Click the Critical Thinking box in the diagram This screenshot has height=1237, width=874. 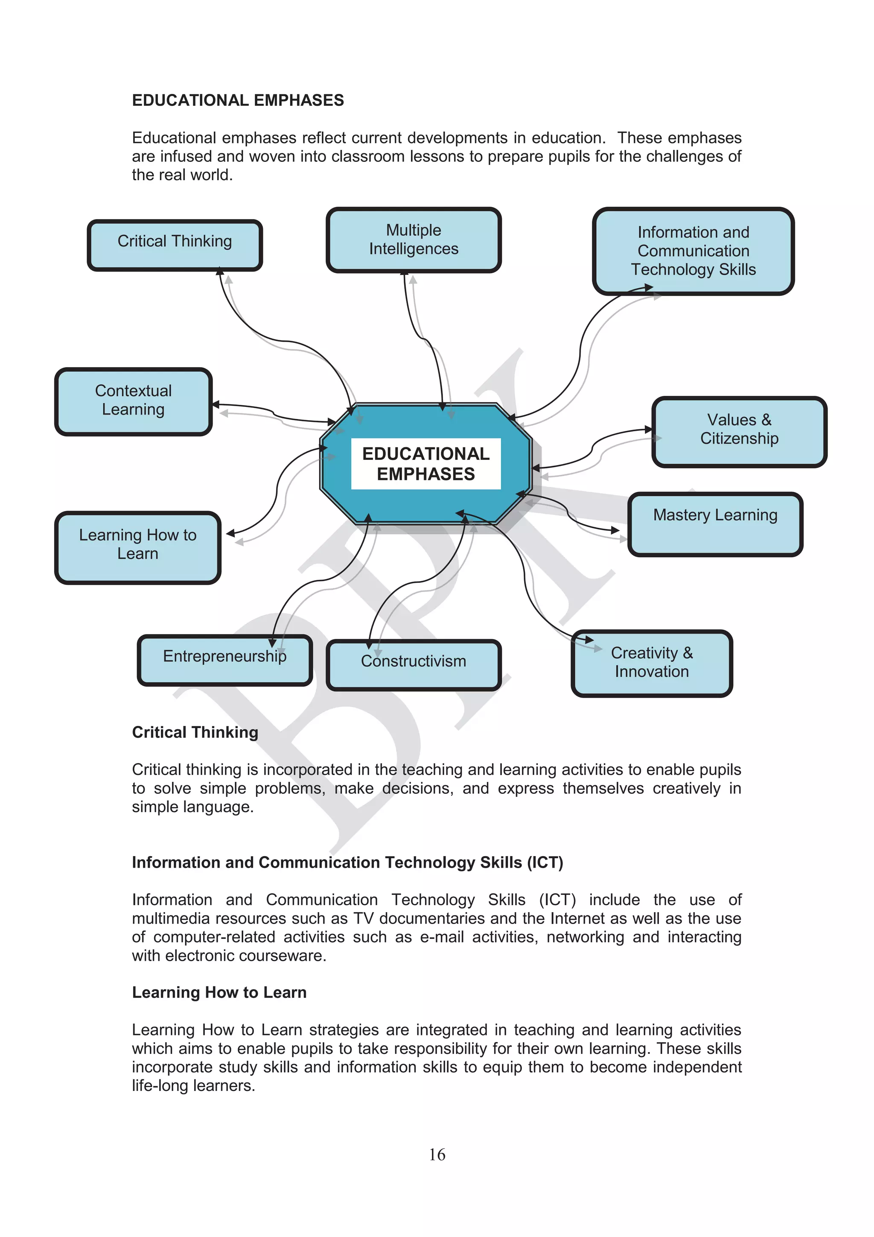(175, 245)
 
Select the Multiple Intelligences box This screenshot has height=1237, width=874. (414, 240)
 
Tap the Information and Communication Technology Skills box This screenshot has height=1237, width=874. (693, 251)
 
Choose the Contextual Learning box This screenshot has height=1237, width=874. (133, 401)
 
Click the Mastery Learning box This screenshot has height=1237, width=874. (715, 523)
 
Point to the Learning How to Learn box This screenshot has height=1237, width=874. (138, 547)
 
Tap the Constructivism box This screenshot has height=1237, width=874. (414, 664)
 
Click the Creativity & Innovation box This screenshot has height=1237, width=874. (652, 663)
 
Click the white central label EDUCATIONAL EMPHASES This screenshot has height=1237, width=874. (425, 463)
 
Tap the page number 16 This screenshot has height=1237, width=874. (437, 1154)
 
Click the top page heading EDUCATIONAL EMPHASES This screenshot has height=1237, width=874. (237, 100)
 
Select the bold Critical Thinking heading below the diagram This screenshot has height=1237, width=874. (195, 732)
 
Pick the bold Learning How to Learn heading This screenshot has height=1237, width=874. (219, 992)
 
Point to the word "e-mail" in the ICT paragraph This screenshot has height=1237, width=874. (442, 936)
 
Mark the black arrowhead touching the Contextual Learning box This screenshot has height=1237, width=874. (216, 405)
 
